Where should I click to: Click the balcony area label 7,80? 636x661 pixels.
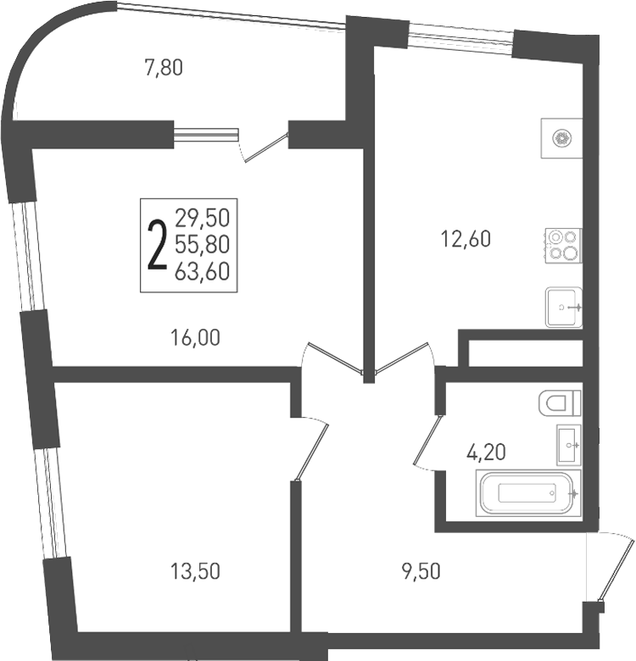point(164,68)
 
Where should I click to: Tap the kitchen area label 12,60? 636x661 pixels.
point(466,239)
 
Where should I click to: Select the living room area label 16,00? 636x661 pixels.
point(195,337)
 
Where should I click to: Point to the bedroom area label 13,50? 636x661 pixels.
point(195,572)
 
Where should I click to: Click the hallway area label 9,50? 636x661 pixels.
point(421,572)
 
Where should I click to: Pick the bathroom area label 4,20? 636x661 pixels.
point(486,453)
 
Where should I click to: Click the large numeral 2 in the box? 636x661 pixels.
point(158,245)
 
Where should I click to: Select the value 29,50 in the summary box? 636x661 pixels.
point(203,218)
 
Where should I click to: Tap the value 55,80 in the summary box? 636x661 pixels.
point(203,245)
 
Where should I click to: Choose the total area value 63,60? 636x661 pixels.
point(203,271)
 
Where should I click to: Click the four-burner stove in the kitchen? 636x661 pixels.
point(563,246)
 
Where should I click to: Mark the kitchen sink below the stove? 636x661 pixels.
point(564,308)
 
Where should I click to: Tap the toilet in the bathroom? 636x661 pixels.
point(560,403)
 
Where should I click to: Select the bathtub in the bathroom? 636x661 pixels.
point(528,493)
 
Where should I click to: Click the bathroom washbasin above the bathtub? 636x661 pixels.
point(569,445)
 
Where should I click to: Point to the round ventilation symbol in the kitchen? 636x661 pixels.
point(561,138)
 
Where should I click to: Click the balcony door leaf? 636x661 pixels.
point(266,147)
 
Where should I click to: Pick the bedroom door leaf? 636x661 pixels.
point(312,452)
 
